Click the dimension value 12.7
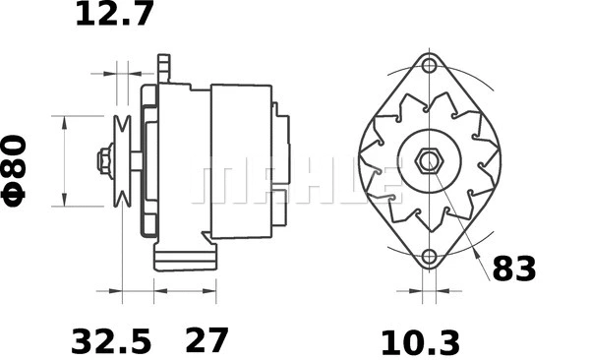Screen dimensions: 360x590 [x=114, y=16]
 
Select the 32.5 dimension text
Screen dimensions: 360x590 [x=111, y=341]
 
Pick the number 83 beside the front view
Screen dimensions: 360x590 [x=514, y=269]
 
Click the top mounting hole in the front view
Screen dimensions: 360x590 [x=429, y=67]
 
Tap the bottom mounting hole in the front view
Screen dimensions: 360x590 [x=429, y=258]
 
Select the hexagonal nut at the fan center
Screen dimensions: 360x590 [x=429, y=161]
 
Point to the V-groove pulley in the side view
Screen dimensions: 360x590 [x=123, y=160]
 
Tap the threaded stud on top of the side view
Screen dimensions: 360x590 [x=164, y=68]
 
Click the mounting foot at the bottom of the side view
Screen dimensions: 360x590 [x=184, y=260]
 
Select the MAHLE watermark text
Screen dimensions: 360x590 [x=295, y=182]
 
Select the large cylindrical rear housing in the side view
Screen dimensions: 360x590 [x=241, y=160]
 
